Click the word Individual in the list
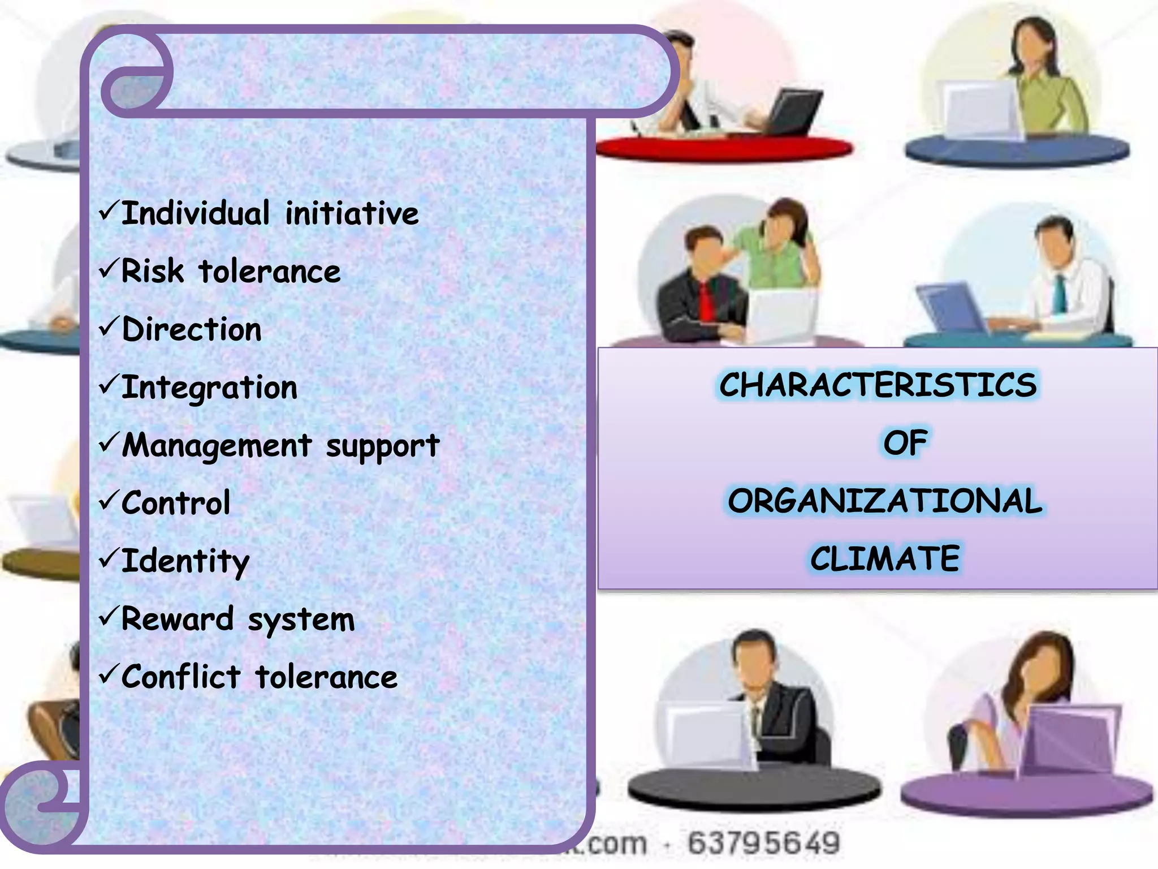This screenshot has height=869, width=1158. pyautogui.click(x=195, y=214)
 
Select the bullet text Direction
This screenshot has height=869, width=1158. pyautogui.click(x=192, y=329)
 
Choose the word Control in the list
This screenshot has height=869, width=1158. pyautogui.click(x=176, y=503)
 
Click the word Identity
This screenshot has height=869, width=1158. pyautogui.click(x=185, y=562)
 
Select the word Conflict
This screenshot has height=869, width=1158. pyautogui.click(x=181, y=677)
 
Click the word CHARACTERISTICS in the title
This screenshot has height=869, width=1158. pyautogui.click(x=878, y=385)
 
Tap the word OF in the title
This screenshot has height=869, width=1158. pyautogui.click(x=905, y=443)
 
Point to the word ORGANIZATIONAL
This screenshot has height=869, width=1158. pyautogui.click(x=885, y=501)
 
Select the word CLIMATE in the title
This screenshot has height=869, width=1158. pyautogui.click(x=885, y=559)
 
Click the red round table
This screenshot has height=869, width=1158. pyautogui.click(x=724, y=148)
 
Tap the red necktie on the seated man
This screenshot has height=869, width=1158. pyautogui.click(x=706, y=303)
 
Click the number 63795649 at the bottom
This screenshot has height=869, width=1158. pyautogui.click(x=764, y=843)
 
